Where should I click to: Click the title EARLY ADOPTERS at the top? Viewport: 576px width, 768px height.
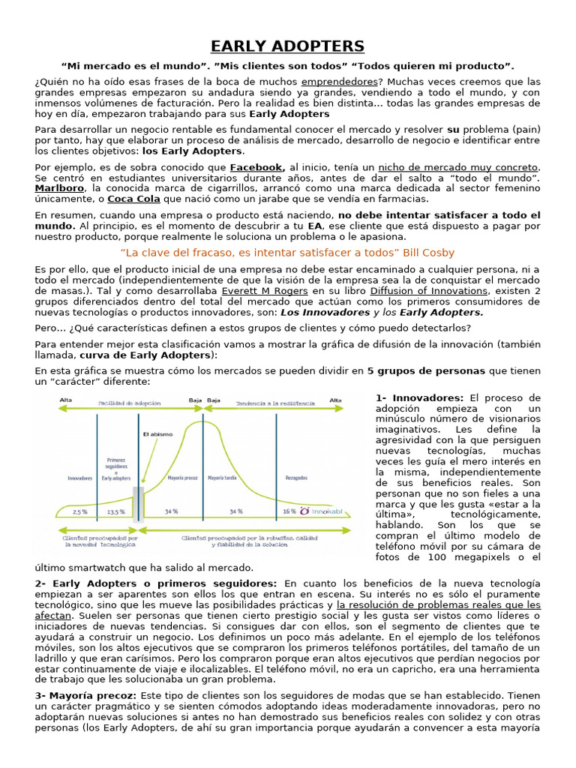(288, 46)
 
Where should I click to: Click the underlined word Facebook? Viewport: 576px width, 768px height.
(256, 167)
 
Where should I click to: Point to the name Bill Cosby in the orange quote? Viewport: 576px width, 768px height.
(428, 253)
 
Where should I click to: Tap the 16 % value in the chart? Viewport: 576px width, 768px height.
(289, 511)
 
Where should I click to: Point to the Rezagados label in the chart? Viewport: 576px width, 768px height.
(296, 476)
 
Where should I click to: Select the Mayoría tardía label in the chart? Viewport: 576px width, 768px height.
(223, 476)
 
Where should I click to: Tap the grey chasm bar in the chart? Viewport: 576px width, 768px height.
(138, 503)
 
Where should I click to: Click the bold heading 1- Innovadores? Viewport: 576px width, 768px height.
(420, 397)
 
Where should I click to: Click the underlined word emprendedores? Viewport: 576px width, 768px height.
(338, 81)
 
